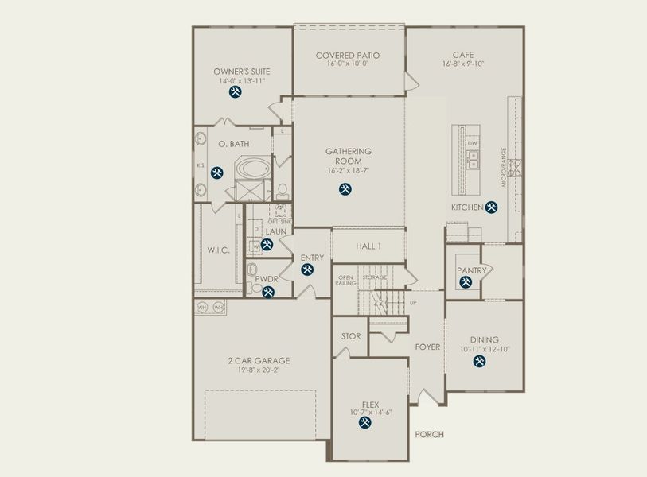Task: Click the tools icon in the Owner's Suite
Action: click(235, 92)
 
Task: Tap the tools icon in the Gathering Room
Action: click(345, 189)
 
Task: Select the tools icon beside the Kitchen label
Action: click(492, 207)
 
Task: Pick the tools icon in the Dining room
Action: click(479, 362)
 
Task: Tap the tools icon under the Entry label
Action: click(307, 270)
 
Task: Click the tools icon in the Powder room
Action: click(268, 292)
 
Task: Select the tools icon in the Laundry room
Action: click(266, 243)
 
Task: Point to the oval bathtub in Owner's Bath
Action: click(253, 169)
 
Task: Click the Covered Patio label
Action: click(347, 56)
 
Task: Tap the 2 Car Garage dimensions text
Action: click(258, 370)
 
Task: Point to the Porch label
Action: click(429, 435)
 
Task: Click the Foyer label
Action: click(427, 347)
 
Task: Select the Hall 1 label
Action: click(368, 247)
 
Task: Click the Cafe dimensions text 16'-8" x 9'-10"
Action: click(464, 64)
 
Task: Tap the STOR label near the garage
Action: click(350, 336)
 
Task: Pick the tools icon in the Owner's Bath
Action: click(216, 172)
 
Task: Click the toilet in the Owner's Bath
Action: click(283, 190)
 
